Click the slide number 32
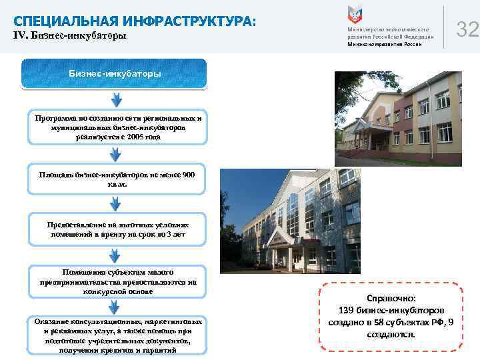pos(468,29)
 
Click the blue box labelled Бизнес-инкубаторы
pos(115,73)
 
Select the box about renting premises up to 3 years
pos(115,229)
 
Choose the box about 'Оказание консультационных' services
pos(115,335)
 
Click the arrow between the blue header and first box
pos(115,100)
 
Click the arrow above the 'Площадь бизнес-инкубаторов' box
pos(115,153)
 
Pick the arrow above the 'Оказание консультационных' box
pos(115,307)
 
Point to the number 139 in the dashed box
pos(347,310)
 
